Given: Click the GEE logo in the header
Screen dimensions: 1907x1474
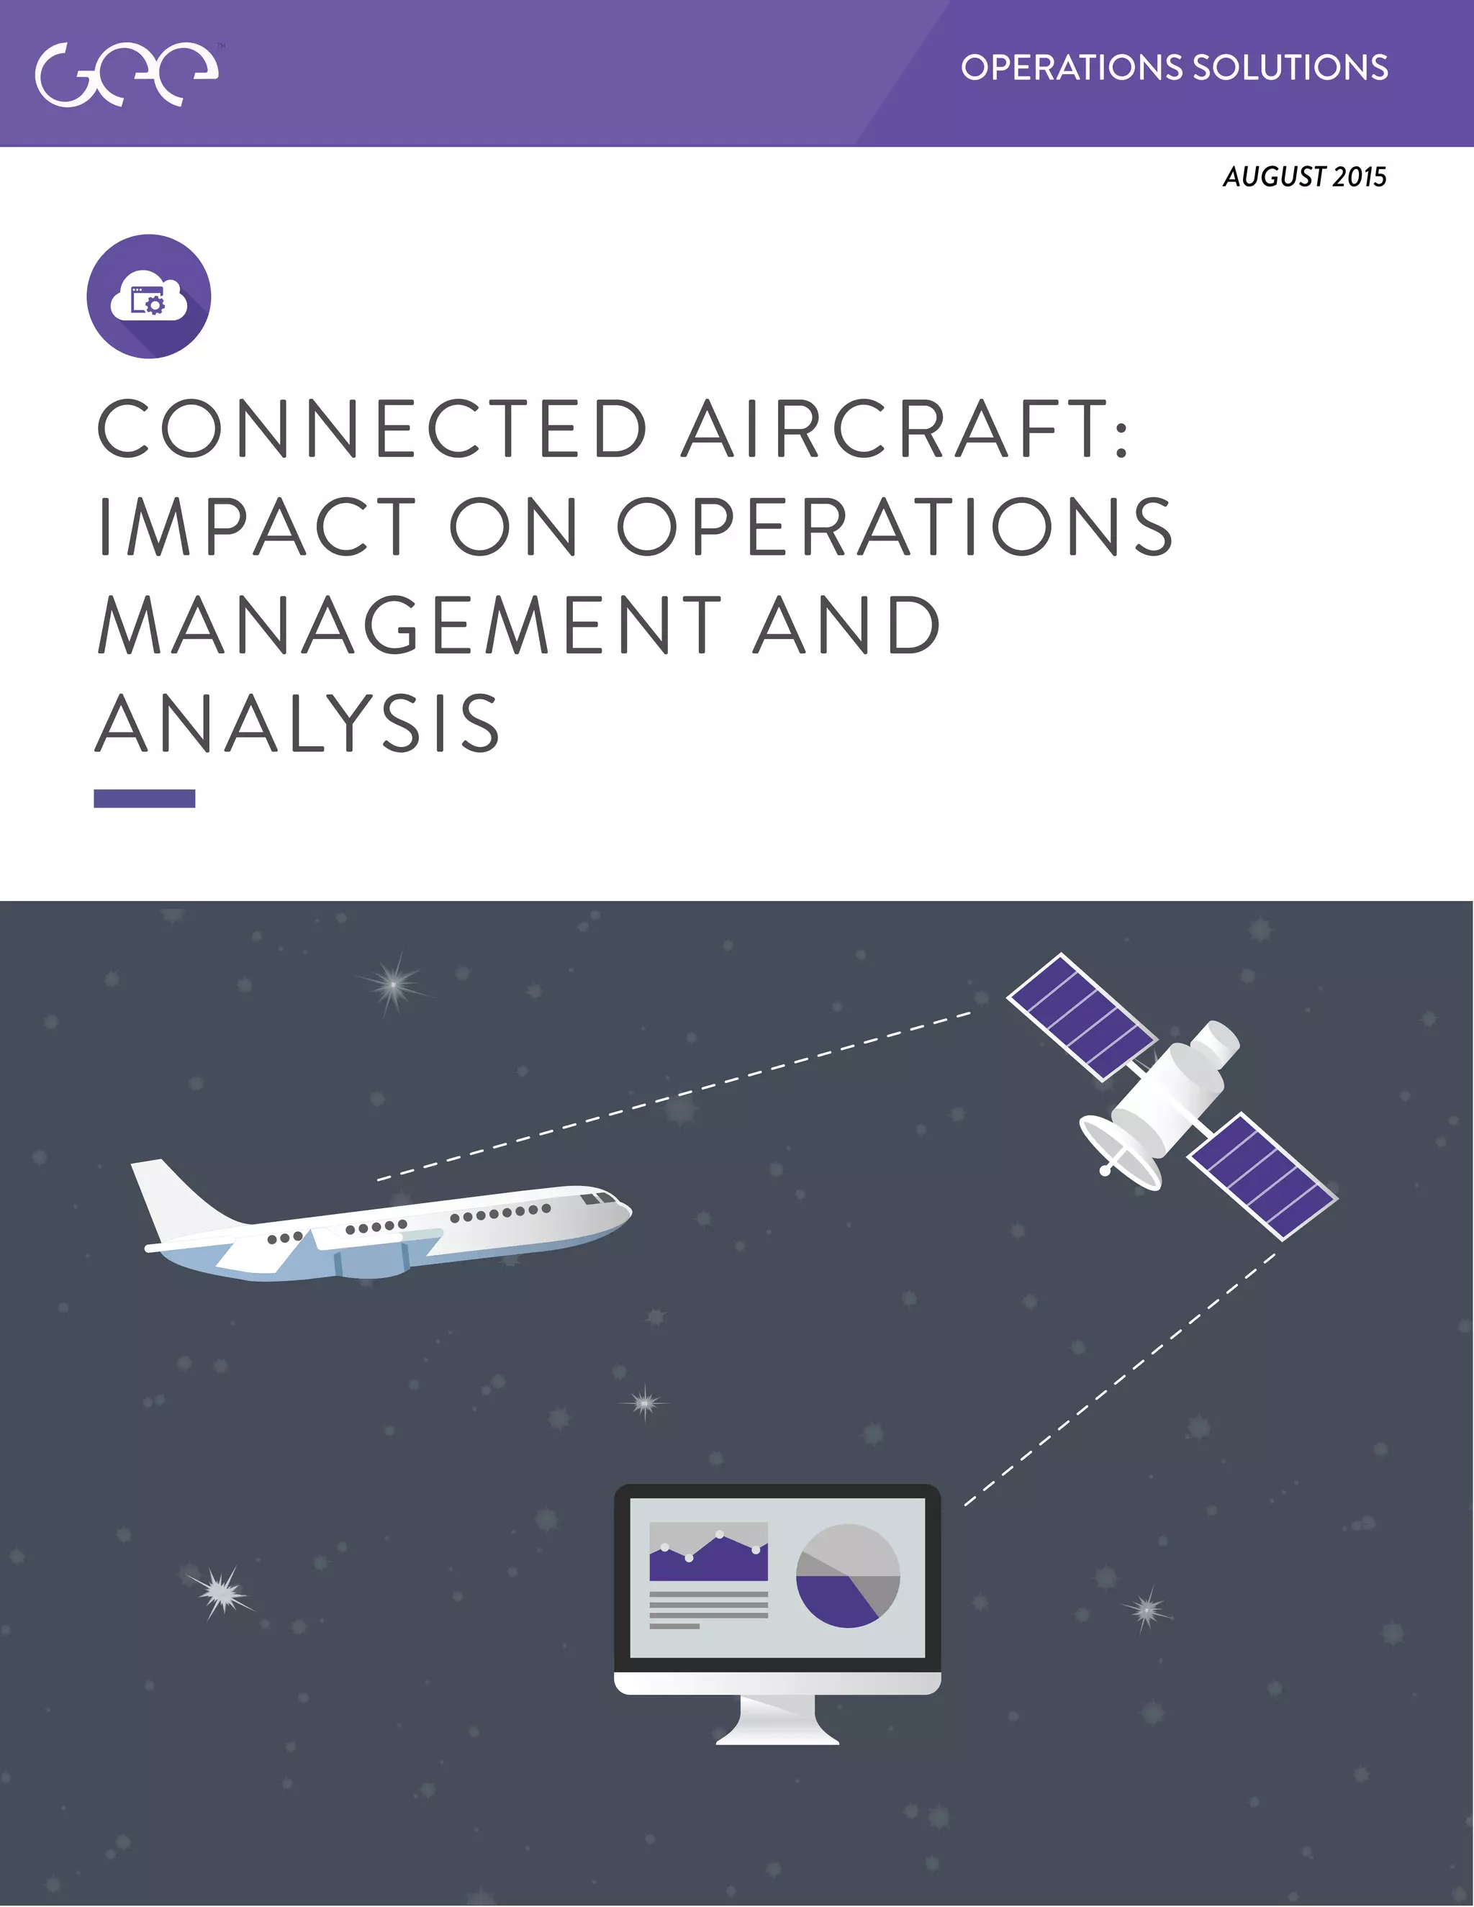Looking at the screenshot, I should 127,74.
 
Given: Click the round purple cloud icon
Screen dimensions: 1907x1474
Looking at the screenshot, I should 148,296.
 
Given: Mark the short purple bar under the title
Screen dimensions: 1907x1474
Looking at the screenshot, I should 144,798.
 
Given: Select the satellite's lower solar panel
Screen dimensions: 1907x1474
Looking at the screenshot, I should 1262,1175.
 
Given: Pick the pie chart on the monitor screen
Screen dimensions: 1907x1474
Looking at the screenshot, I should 847,1576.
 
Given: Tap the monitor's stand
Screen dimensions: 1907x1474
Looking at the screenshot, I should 777,1720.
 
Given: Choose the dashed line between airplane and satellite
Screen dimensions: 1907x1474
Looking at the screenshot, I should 672,1096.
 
